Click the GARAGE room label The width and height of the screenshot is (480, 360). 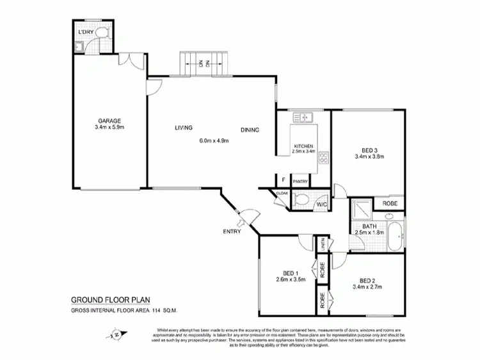click(x=109, y=120)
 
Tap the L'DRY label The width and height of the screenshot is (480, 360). click(x=85, y=32)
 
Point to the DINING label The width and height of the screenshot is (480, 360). click(x=250, y=130)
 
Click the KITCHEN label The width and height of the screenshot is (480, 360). click(x=304, y=146)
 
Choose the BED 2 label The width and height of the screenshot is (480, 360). click(x=367, y=280)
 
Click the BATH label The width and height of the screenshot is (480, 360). click(x=369, y=226)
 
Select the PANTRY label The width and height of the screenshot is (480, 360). click(x=300, y=182)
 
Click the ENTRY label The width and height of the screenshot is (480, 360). click(x=232, y=231)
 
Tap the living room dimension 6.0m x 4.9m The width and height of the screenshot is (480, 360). click(x=214, y=141)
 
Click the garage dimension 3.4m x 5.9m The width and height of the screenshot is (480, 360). click(x=109, y=127)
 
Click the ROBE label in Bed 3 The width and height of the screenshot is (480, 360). click(x=389, y=203)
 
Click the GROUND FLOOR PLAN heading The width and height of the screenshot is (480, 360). click(x=108, y=299)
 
